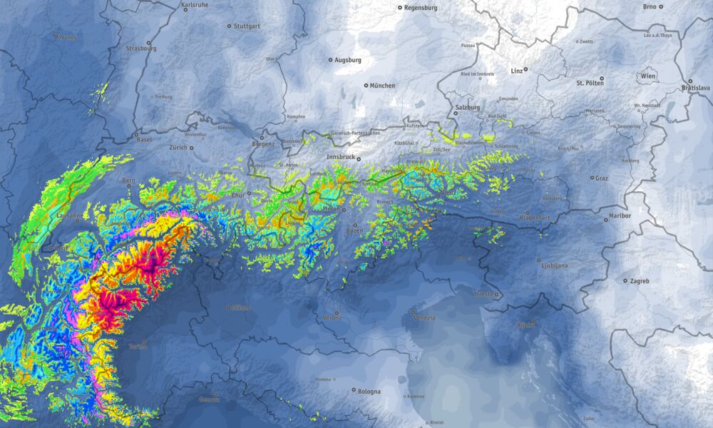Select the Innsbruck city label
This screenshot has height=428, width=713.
339,156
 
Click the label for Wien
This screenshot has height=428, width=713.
648,76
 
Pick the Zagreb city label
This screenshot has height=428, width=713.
640,281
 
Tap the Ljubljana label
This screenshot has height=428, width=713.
553,265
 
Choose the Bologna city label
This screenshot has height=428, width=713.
369,391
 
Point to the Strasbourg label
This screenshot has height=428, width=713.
140,49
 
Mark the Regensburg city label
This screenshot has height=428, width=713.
420,8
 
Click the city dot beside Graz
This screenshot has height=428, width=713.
591,178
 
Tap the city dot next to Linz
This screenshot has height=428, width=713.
525,69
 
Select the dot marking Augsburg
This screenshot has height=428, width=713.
330,60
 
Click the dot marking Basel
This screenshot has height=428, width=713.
137,133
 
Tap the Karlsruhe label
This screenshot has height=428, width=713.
195,5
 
